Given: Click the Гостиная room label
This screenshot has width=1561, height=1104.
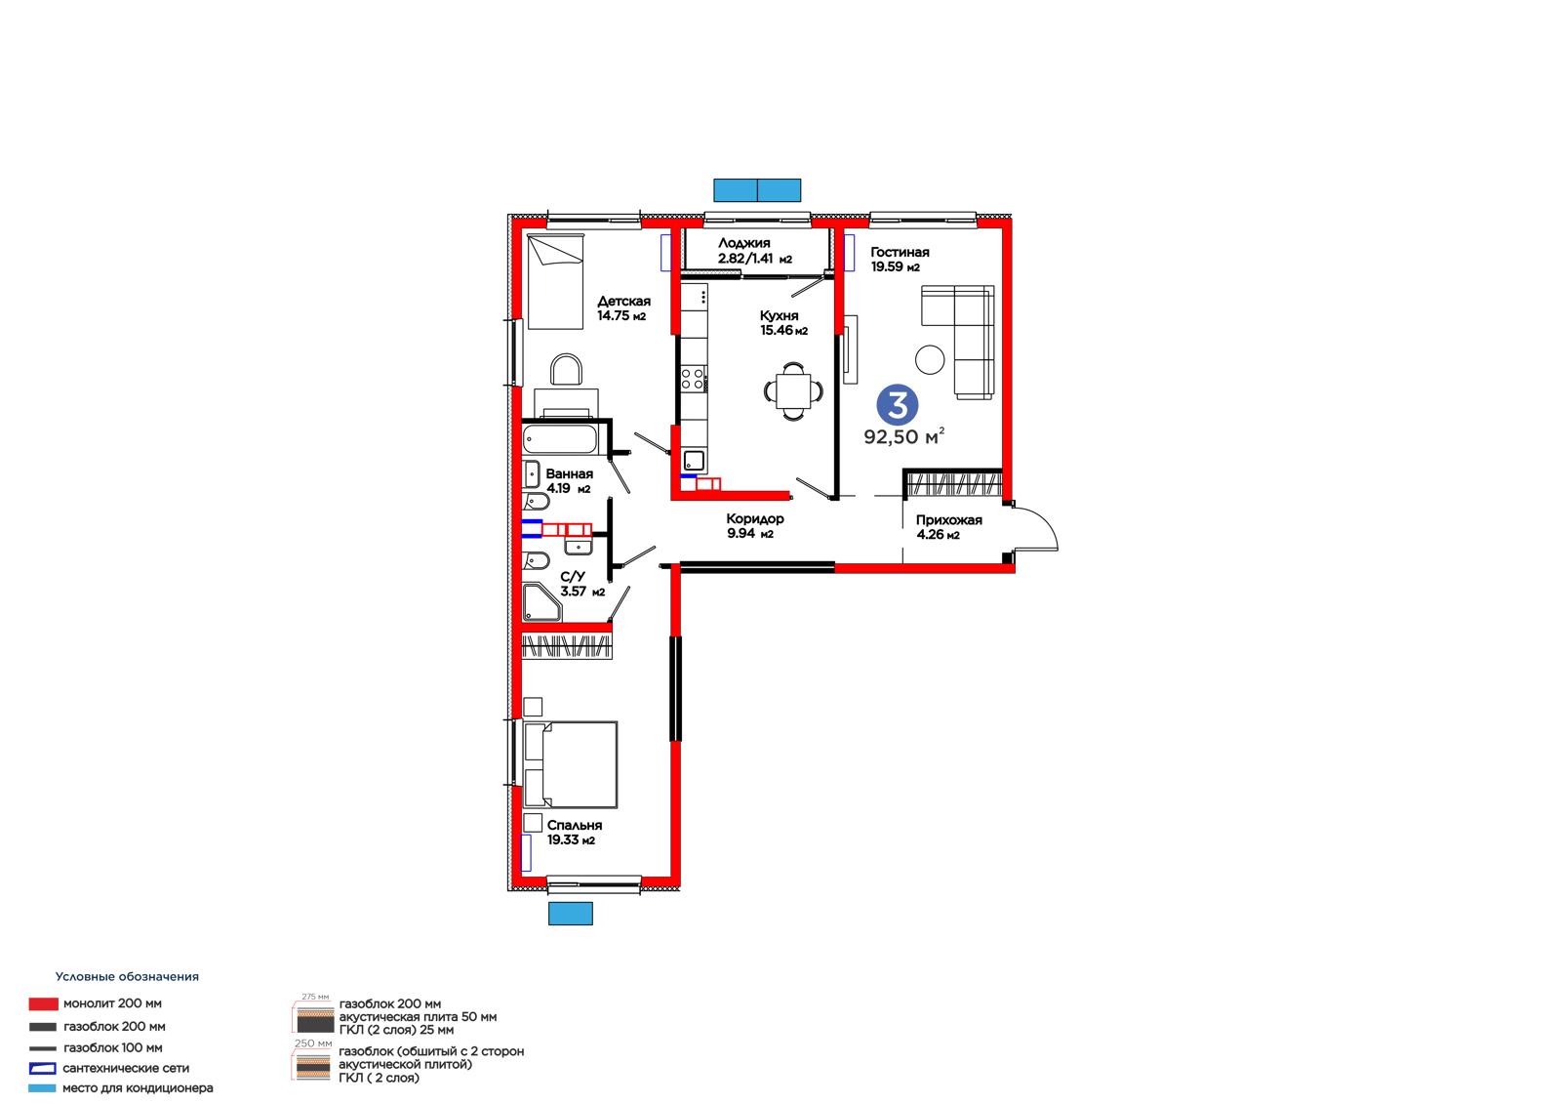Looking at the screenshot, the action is [x=899, y=253].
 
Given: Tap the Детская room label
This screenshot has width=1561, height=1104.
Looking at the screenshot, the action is [x=623, y=302].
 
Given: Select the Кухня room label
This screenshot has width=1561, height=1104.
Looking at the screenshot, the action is [x=780, y=316].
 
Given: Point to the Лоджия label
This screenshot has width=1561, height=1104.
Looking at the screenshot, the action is [x=744, y=243].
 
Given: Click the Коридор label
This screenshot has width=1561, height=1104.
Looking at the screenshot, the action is [x=755, y=519].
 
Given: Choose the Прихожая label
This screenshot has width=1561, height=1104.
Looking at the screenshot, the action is [x=948, y=520].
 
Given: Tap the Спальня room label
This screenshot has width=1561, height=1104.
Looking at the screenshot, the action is [x=575, y=826].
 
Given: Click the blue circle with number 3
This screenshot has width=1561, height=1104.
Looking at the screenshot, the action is [x=898, y=404].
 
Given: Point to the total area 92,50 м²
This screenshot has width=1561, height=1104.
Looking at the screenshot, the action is [x=903, y=436].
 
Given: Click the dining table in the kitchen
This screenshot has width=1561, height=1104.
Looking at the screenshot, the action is [x=793, y=391].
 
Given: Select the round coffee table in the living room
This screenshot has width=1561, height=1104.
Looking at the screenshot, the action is [x=930, y=360].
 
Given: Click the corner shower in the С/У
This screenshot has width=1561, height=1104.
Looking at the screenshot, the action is [x=541, y=602].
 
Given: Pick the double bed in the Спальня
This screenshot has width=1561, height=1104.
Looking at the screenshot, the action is [x=570, y=765].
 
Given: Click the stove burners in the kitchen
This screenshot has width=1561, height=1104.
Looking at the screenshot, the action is [x=693, y=380].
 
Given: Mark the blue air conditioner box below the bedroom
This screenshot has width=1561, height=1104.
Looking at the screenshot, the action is [x=570, y=914].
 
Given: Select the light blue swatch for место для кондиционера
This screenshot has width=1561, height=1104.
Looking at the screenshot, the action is [x=42, y=1088].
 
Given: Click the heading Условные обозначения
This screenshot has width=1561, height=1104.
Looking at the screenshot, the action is [x=127, y=977].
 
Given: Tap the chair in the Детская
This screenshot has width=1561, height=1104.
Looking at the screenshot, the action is [x=566, y=370].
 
